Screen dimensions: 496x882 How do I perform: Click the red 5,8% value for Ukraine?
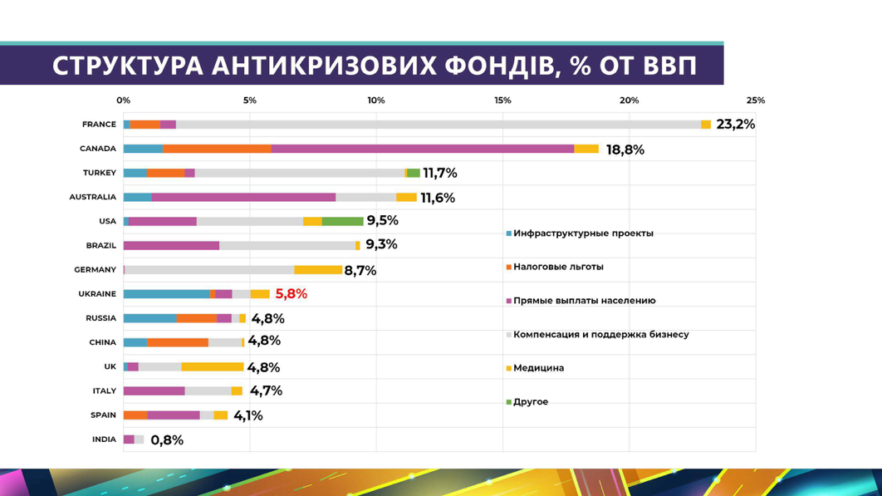click(x=291, y=294)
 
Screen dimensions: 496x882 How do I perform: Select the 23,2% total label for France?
click(x=735, y=125)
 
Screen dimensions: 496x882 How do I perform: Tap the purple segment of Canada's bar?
click(x=422, y=149)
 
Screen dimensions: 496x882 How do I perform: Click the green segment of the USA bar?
click(x=342, y=222)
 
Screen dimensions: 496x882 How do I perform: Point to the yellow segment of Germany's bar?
click(x=317, y=270)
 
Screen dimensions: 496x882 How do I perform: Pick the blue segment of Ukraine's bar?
click(x=167, y=294)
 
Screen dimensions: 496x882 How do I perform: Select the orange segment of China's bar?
click(x=178, y=342)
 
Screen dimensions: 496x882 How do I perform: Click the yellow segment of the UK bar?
click(x=212, y=366)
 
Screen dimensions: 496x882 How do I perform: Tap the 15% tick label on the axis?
click(x=502, y=101)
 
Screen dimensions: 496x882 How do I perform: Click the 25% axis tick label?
click(x=755, y=101)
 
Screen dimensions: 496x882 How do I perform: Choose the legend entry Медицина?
click(x=538, y=368)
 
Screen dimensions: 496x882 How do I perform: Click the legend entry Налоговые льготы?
click(x=558, y=267)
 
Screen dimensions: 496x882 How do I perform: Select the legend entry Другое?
click(x=530, y=402)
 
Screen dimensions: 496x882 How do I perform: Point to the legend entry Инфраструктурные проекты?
click(x=582, y=233)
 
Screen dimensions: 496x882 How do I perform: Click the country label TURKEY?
click(x=99, y=173)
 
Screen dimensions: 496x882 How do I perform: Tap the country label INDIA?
click(x=104, y=440)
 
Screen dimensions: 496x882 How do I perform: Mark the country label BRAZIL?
click(x=100, y=246)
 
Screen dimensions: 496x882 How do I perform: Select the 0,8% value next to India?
click(x=167, y=440)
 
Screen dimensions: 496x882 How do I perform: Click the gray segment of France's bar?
click(x=438, y=125)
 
